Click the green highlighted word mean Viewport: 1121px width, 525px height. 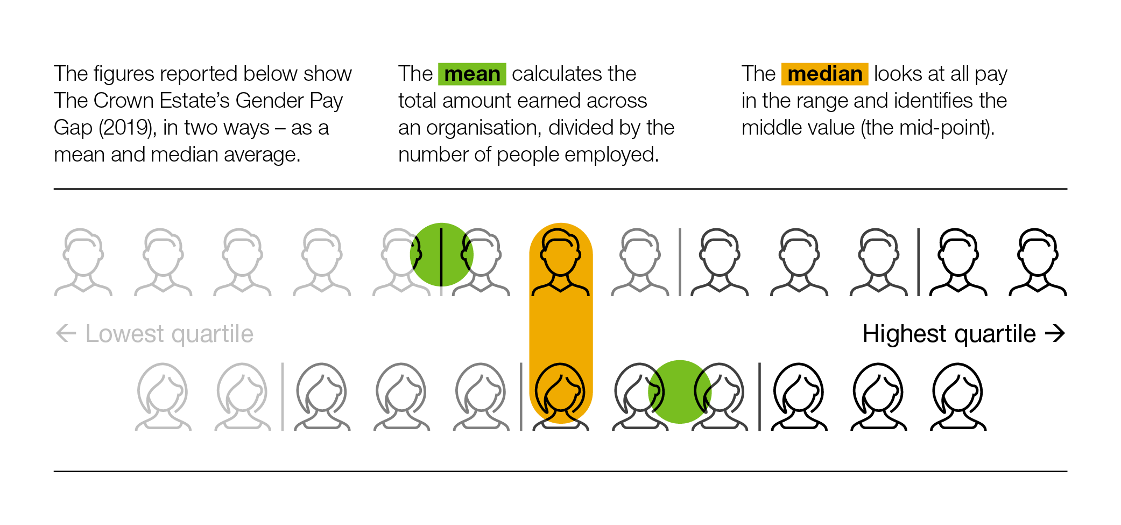click(472, 74)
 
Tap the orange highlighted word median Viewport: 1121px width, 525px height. click(824, 74)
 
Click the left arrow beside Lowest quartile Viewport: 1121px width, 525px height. click(66, 333)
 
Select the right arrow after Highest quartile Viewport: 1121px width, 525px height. click(1055, 333)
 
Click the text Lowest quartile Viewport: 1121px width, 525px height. click(170, 334)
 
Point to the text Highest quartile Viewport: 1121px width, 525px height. click(949, 334)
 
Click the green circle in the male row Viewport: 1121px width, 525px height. click(442, 254)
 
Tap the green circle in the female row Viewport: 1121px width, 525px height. click(680, 391)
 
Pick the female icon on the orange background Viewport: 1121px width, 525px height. click(561, 397)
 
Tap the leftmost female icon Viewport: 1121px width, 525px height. click(163, 397)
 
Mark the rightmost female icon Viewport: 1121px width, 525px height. click(958, 397)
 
